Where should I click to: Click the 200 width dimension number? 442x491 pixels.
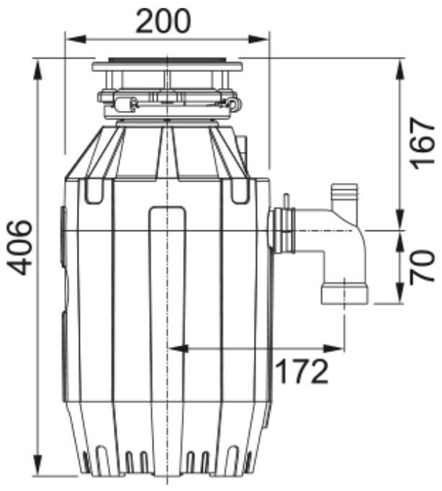pos(163,21)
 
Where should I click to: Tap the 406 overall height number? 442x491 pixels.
pos(19,248)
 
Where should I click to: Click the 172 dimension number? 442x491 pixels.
pos(302,371)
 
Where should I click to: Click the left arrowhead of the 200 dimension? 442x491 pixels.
pos(76,39)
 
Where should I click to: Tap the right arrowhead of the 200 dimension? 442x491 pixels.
pos(258,39)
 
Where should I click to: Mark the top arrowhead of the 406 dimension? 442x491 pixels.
pos(38,70)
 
